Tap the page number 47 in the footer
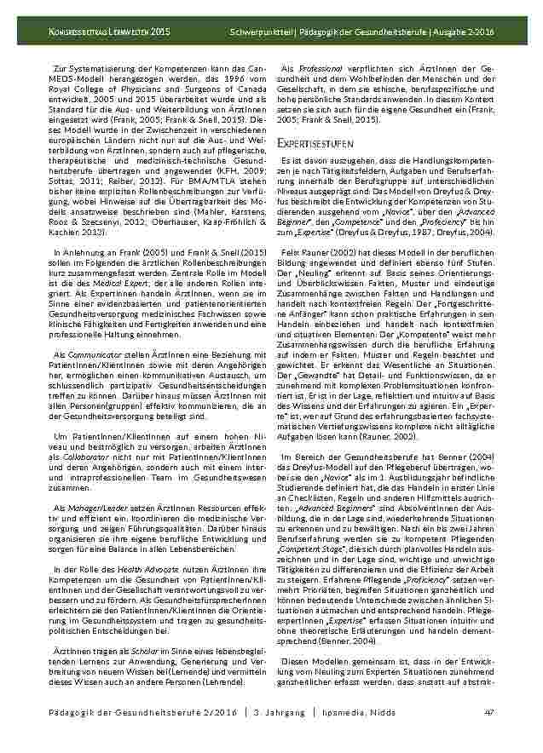[x=488, y=736]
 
